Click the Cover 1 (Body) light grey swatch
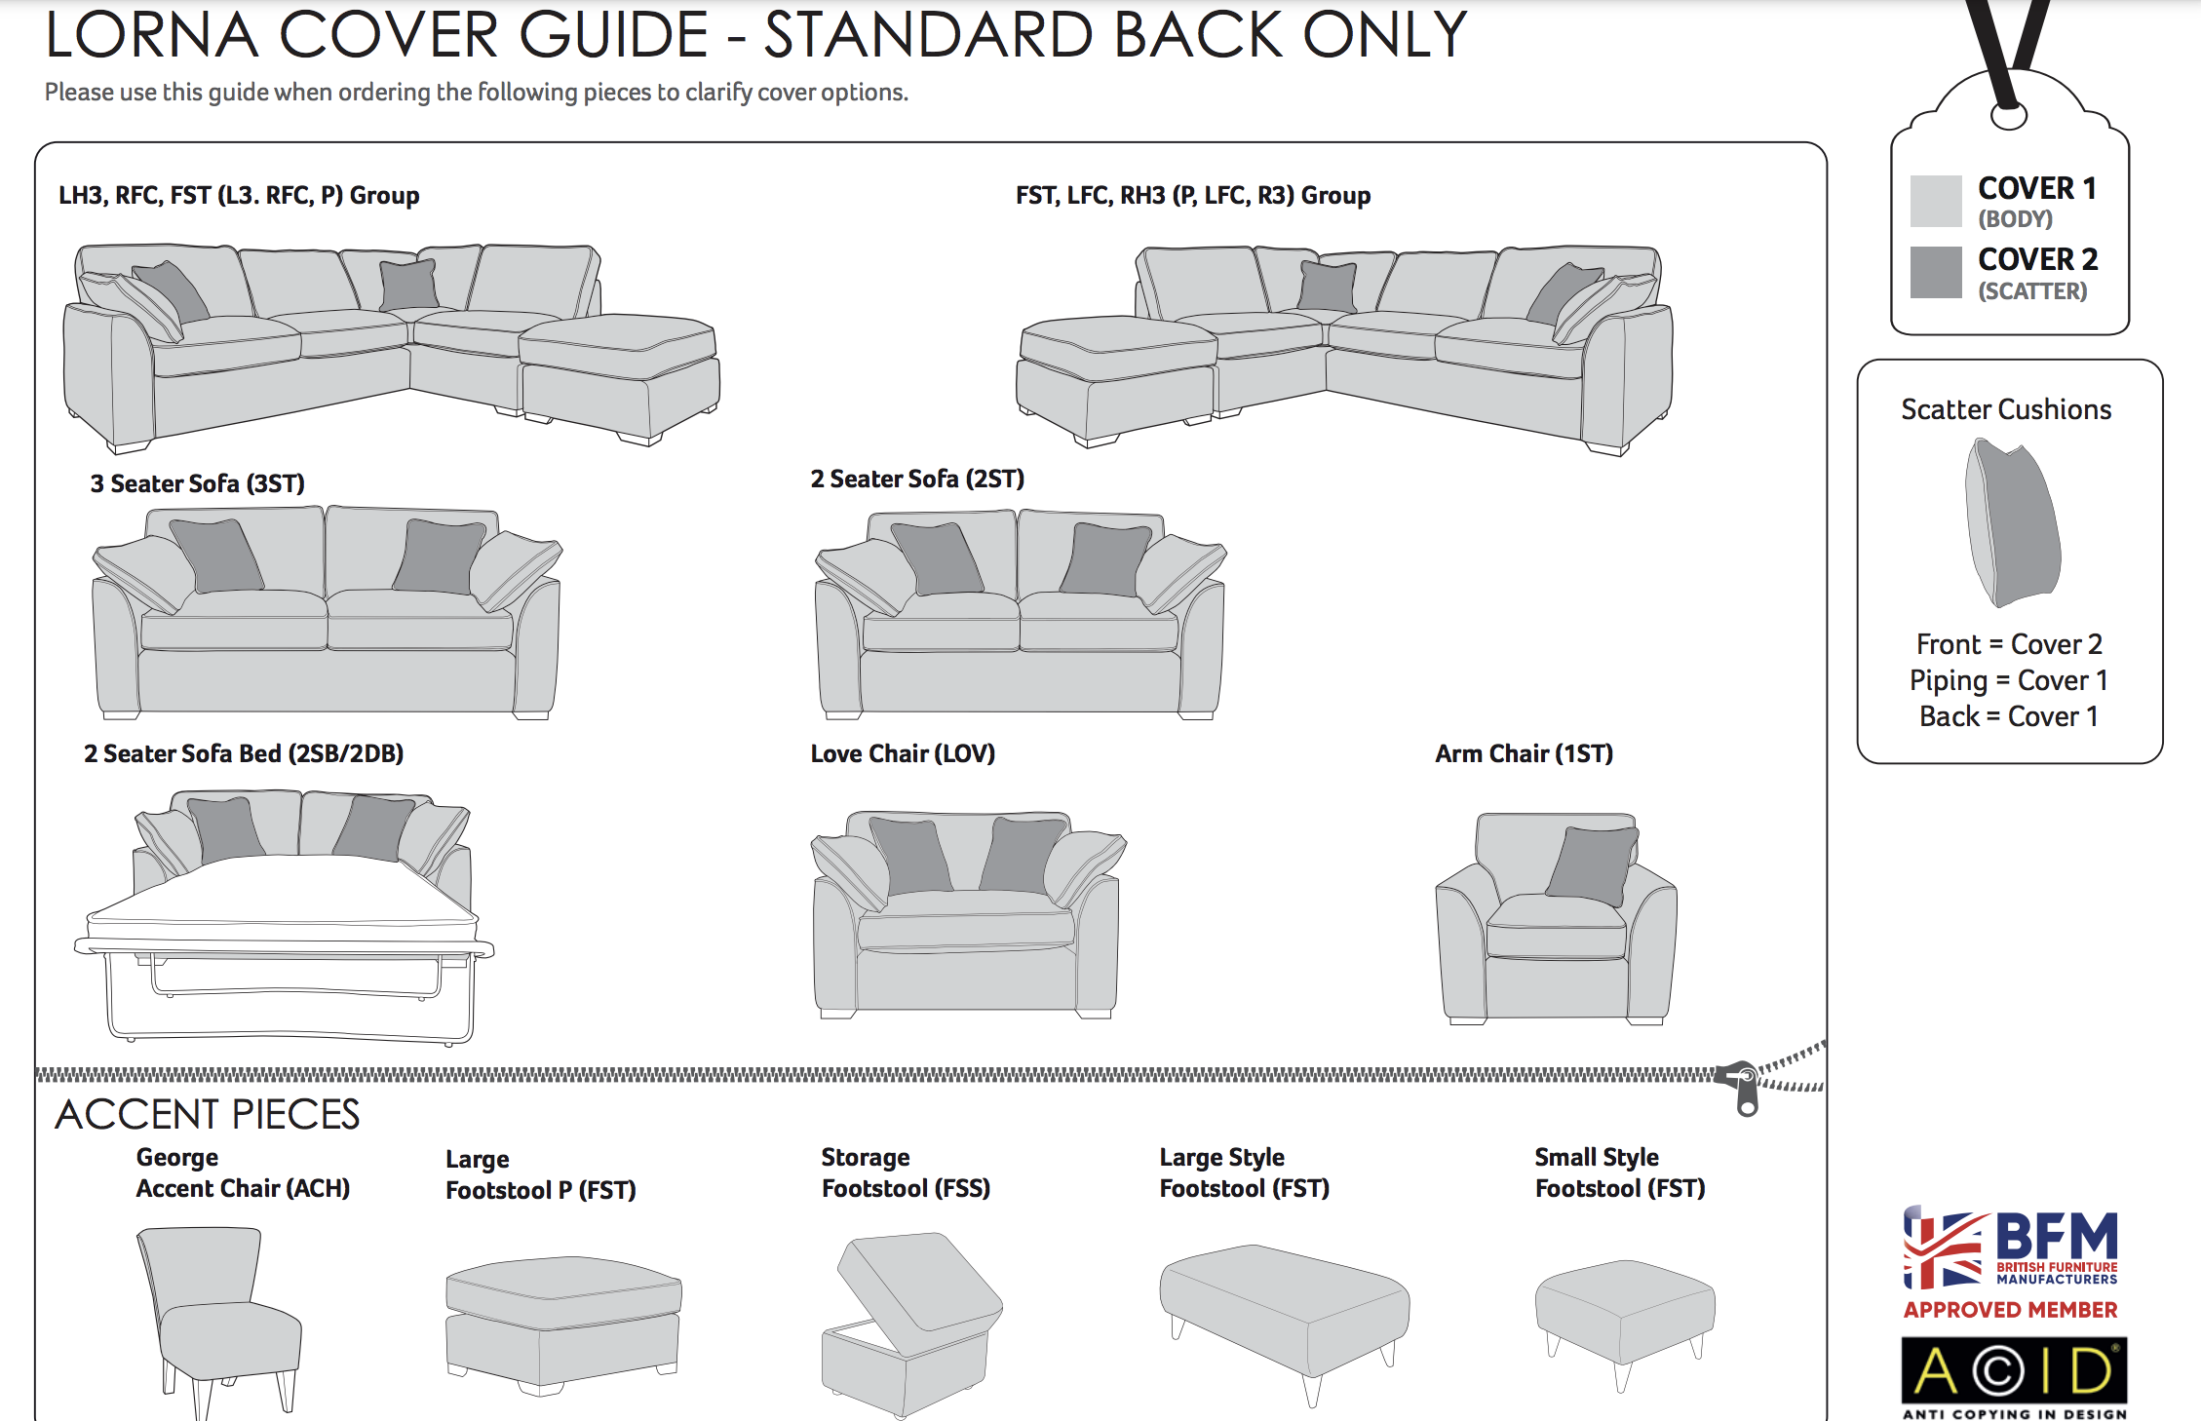pos(1935,201)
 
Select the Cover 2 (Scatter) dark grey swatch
pos(1935,272)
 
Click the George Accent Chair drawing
pos(220,1316)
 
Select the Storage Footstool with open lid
pos(911,1321)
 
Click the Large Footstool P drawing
pos(562,1321)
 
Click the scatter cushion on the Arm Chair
pos(1591,864)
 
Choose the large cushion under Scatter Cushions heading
pos(2013,521)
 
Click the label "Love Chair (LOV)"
pos(903,753)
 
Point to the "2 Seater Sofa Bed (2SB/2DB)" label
pos(244,753)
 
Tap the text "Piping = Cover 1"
pos(2008,680)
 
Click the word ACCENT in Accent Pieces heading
pos(136,1115)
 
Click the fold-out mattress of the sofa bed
pos(283,892)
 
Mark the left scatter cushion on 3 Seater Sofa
pos(216,556)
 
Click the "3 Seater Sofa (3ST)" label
pos(197,483)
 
